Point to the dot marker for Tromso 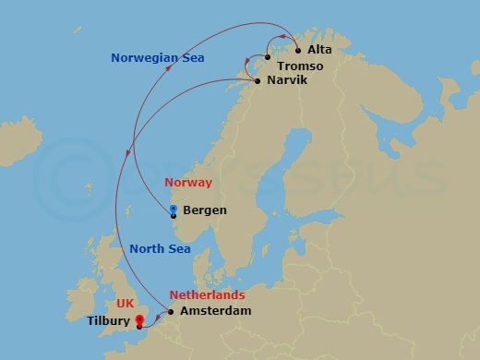pos(267,58)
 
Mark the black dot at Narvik pos(257,82)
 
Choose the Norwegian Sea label pos(158,58)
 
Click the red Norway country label pos(188,183)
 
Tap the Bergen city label pos(205,210)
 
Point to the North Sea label pos(160,248)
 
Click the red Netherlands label pos(207,295)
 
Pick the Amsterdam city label pos(216,311)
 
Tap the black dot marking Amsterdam pos(171,312)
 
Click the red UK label pos(126,303)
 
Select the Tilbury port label pos(109,322)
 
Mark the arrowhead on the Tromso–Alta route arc pos(282,36)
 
